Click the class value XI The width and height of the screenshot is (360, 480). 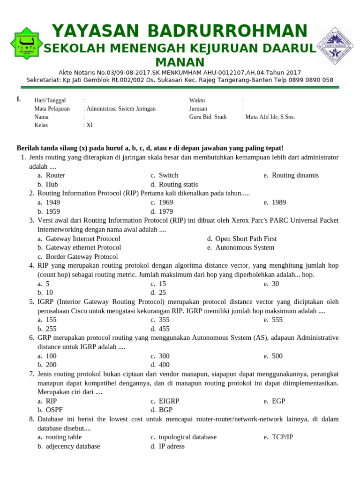pyautogui.click(x=89, y=125)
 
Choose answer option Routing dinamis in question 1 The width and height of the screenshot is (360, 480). pyautogui.click(x=295, y=175)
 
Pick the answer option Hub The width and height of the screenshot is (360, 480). pyautogui.click(x=52, y=185)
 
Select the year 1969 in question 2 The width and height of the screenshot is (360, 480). pyautogui.click(x=166, y=202)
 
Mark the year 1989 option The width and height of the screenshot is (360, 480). pyautogui.click(x=279, y=202)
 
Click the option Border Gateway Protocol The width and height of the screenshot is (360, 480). pyautogui.click(x=82, y=257)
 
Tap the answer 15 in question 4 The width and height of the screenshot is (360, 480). pyautogui.click(x=162, y=284)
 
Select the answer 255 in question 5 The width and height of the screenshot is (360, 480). pyautogui.click(x=51, y=329)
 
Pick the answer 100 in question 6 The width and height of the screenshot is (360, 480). pyautogui.click(x=51, y=356)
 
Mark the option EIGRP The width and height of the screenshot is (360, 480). pyautogui.click(x=169, y=401)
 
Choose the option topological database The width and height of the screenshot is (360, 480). pyautogui.click(x=187, y=437)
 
